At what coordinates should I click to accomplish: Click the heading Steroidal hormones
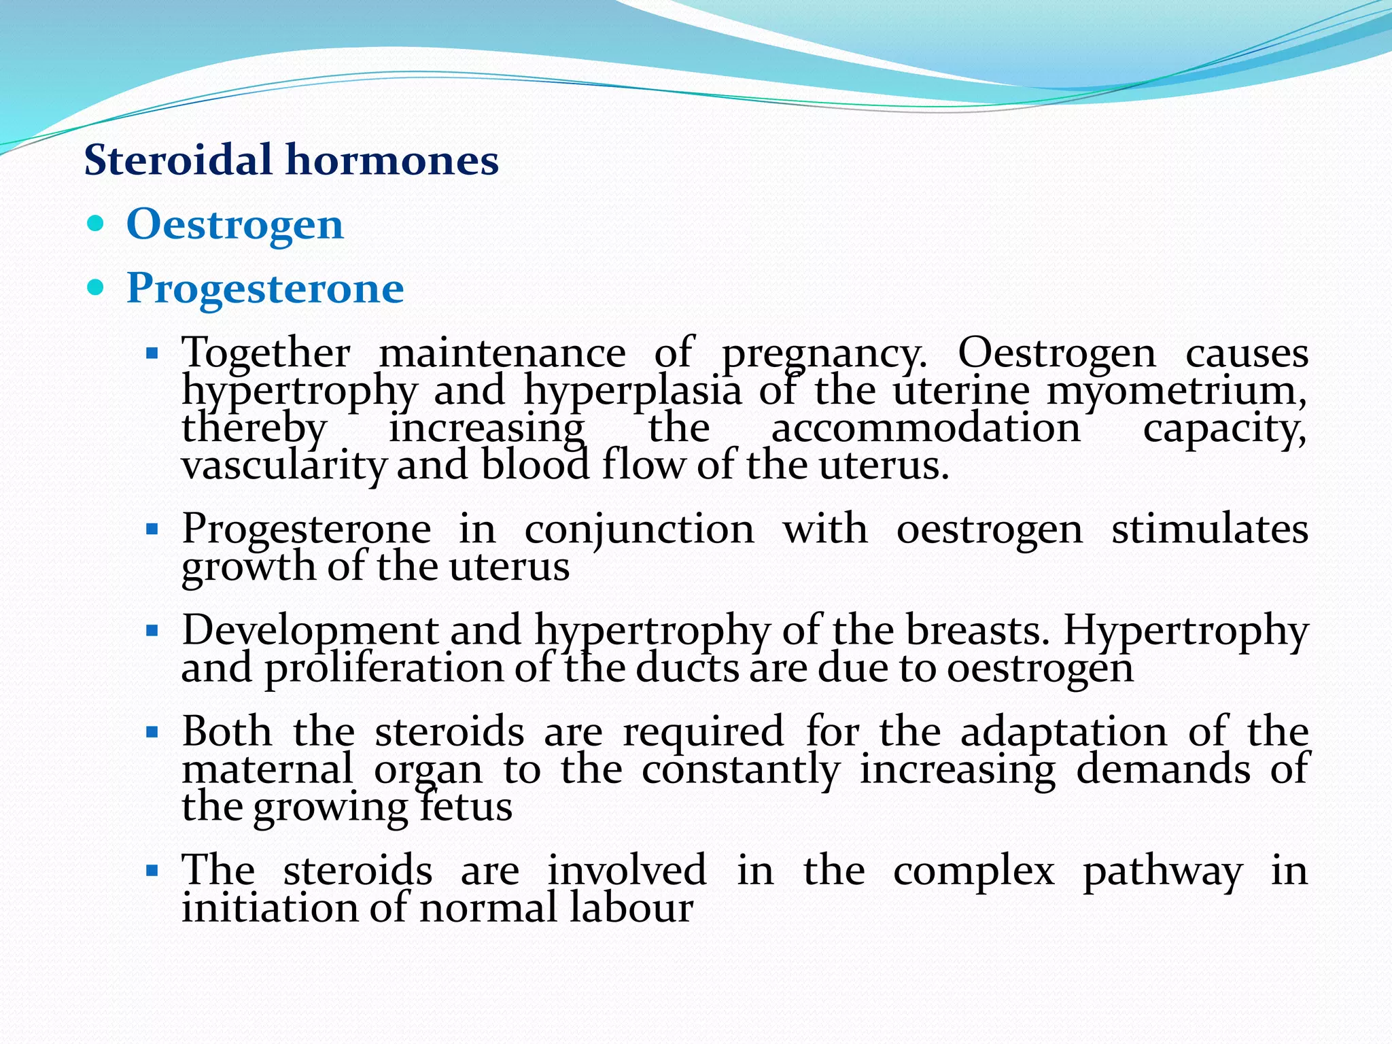[291, 160]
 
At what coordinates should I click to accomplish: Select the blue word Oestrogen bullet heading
[234, 224]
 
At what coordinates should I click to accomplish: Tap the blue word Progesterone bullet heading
[265, 288]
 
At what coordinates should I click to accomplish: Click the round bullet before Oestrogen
[96, 224]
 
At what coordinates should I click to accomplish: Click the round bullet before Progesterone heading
[96, 288]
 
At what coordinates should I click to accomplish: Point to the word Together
[266, 353]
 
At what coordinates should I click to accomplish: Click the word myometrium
[1176, 391]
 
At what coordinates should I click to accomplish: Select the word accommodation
[926, 428]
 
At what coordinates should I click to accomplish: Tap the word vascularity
[284, 466]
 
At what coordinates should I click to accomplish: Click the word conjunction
[639, 529]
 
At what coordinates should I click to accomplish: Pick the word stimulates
[1210, 529]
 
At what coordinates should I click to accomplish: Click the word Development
[309, 630]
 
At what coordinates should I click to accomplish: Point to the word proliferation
[383, 668]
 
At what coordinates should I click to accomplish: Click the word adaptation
[1064, 732]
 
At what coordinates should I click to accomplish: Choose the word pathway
[1162, 871]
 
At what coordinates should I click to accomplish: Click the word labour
[631, 908]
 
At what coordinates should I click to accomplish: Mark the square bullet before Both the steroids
[152, 733]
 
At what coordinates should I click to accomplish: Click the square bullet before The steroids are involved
[152, 871]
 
